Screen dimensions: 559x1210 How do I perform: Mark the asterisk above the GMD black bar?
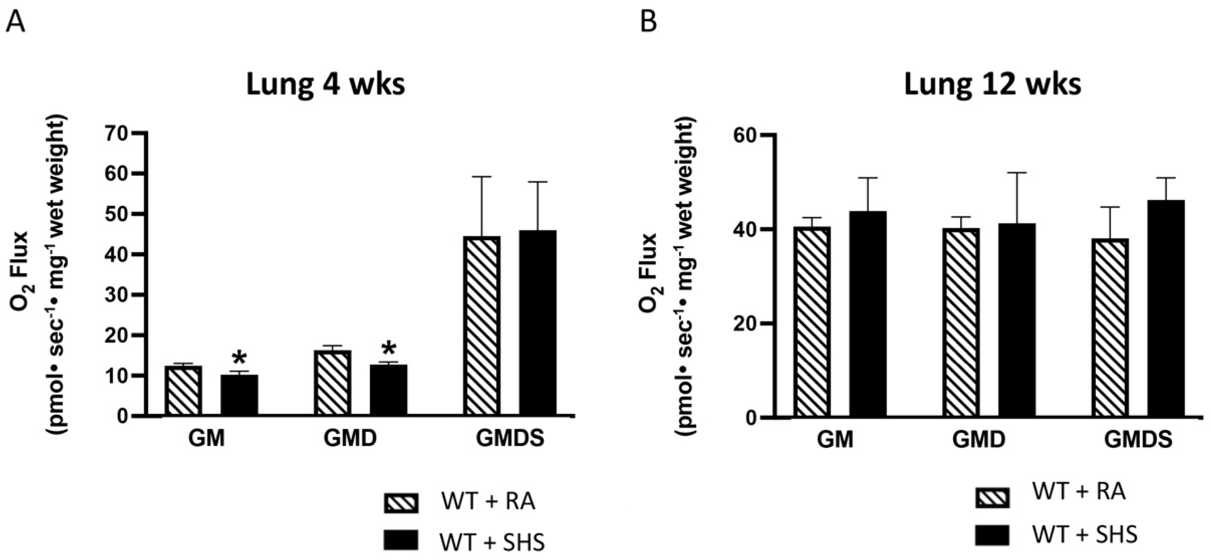coord(388,349)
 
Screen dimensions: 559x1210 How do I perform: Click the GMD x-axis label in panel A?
coord(350,439)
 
